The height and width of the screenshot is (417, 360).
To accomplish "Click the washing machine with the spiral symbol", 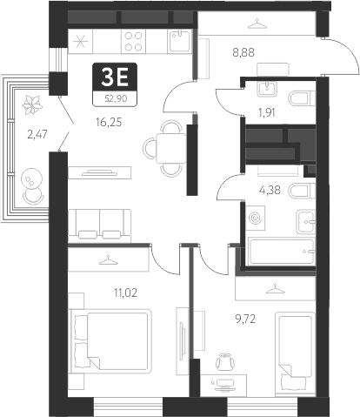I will pos(257,217).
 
